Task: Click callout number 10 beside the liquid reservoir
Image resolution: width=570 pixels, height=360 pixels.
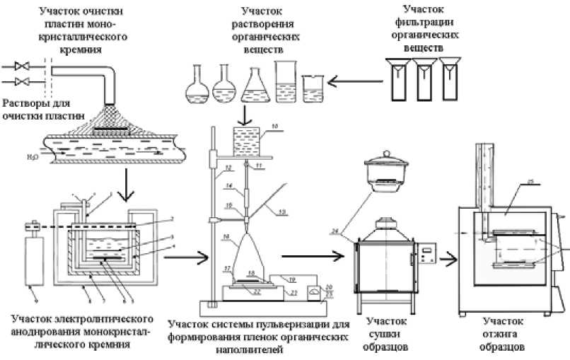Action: click(x=275, y=125)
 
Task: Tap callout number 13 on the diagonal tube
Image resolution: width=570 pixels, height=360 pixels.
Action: click(x=281, y=211)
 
